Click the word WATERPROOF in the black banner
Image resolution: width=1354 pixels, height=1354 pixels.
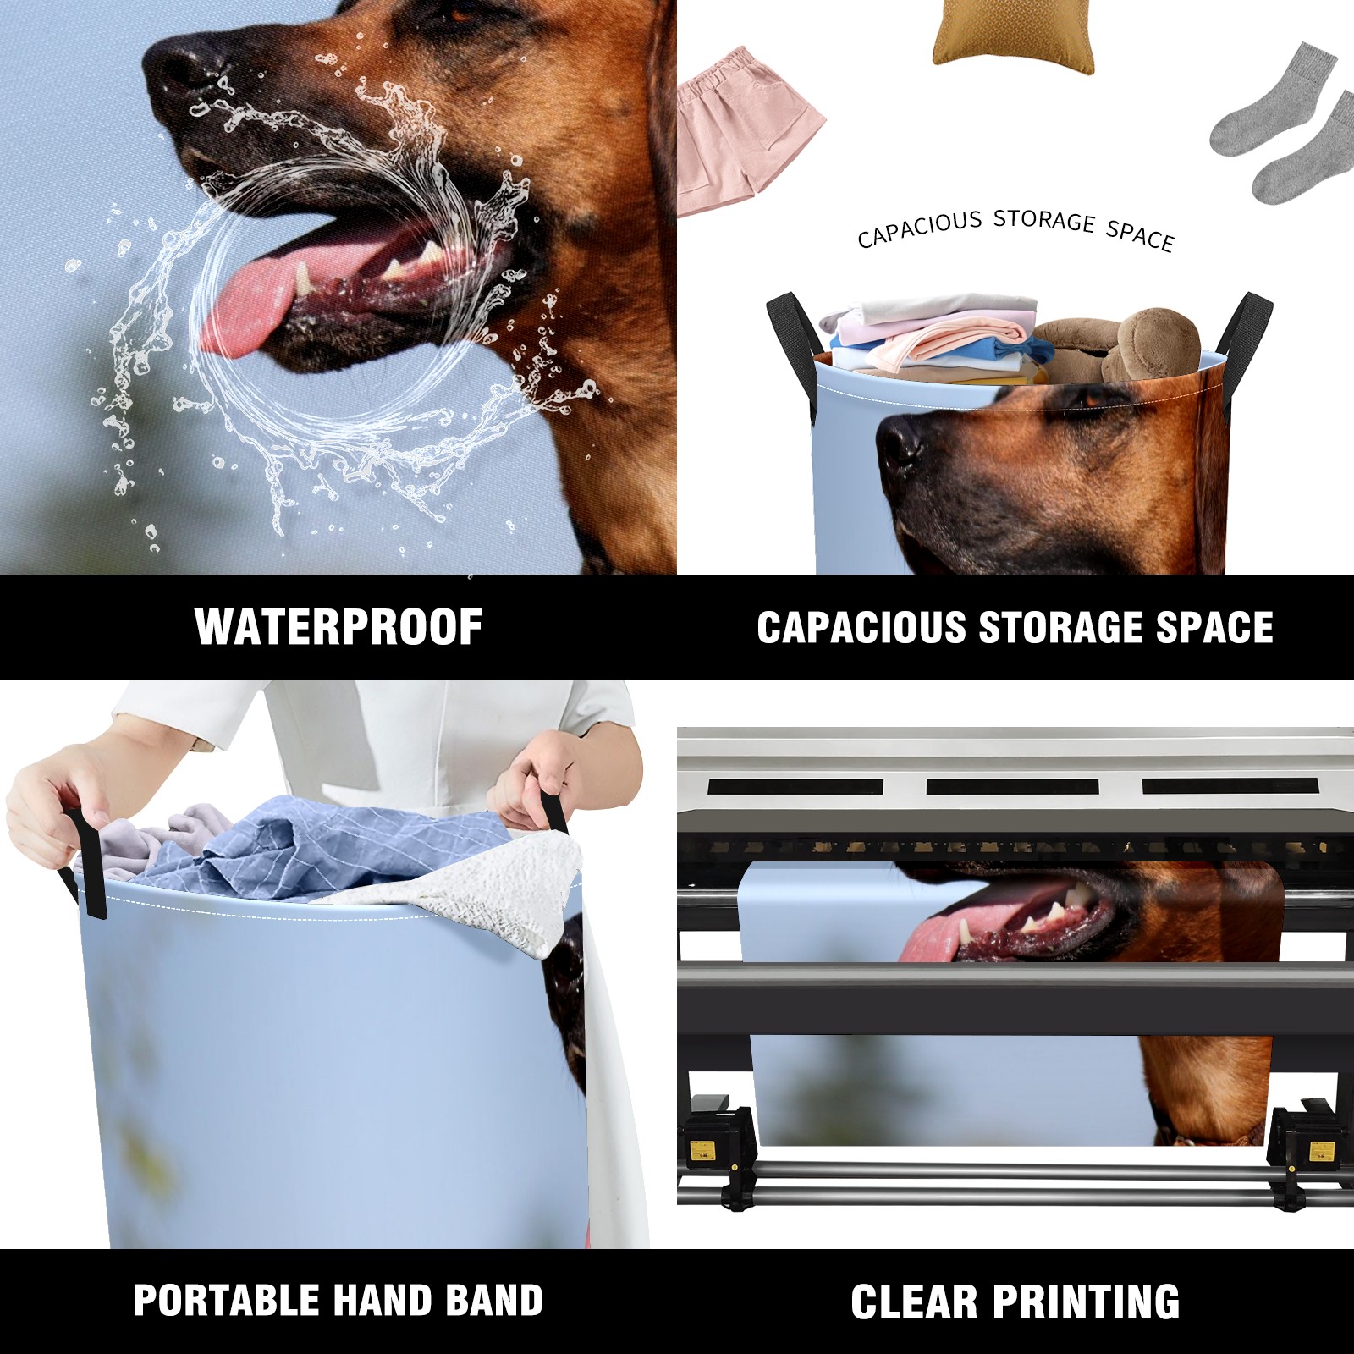pyautogui.click(x=338, y=627)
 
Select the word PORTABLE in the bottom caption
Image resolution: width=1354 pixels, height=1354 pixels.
pyautogui.click(x=224, y=1301)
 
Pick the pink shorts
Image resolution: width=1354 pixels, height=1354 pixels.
pyautogui.click(x=748, y=131)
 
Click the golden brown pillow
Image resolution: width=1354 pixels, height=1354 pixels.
pyautogui.click(x=1013, y=35)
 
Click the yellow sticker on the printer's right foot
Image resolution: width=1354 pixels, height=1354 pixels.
pyautogui.click(x=1320, y=1151)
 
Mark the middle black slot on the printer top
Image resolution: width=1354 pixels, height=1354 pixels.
pyautogui.click(x=1012, y=786)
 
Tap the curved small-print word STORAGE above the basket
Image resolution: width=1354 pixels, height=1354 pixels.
pyautogui.click(x=1044, y=221)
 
